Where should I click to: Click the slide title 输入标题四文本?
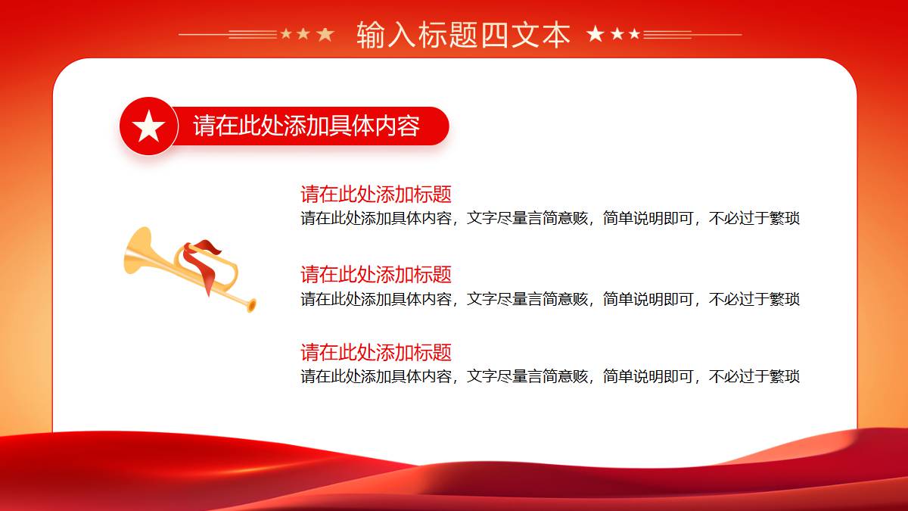tap(463, 35)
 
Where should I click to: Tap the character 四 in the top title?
tap(494, 35)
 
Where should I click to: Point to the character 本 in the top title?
tap(555, 35)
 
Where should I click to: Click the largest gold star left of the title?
tap(325, 35)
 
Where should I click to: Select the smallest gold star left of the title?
tap(286, 33)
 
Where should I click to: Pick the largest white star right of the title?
tap(595, 33)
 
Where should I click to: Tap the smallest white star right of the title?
tap(635, 33)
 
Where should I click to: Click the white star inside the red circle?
tap(149, 126)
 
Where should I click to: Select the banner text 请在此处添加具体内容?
tap(306, 126)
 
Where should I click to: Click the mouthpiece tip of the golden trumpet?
tap(252, 305)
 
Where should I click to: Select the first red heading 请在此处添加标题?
tap(376, 195)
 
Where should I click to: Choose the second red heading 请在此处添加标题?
tap(376, 275)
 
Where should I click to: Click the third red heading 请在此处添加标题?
tap(376, 352)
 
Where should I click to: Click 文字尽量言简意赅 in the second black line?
tap(527, 299)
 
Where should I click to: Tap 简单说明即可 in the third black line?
tap(648, 376)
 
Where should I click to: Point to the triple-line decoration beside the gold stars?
tap(253, 35)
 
